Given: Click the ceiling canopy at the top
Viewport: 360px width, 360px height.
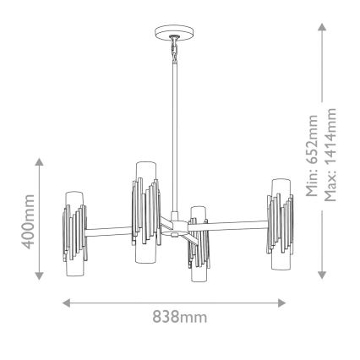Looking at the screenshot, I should [173, 35].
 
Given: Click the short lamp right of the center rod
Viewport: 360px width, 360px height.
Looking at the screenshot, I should [198, 245].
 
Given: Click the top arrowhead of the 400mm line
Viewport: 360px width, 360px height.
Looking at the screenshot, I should [39, 159].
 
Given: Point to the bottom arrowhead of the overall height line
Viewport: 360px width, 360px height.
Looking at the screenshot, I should [322, 275].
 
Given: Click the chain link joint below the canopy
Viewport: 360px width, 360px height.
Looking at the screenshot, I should [173, 52].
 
